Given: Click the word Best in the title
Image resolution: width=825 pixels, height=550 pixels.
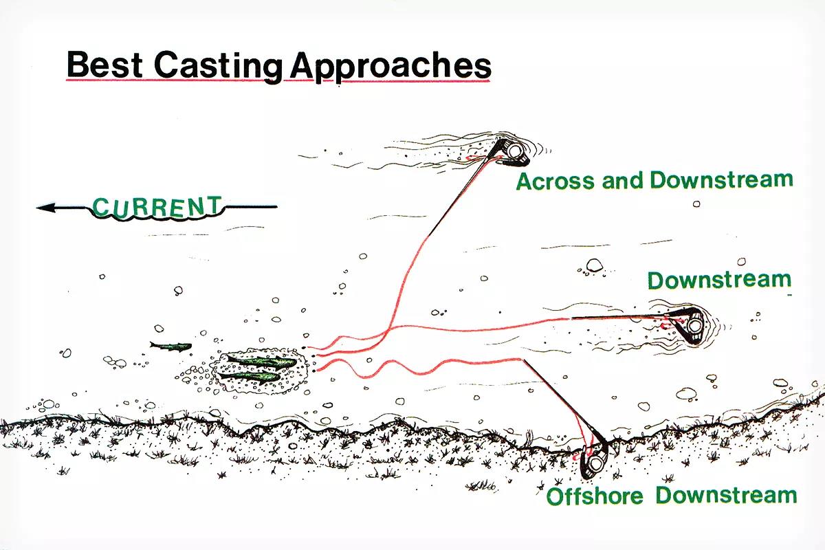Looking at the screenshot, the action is [104, 65].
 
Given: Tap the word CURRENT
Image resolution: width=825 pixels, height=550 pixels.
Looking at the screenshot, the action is [157, 207].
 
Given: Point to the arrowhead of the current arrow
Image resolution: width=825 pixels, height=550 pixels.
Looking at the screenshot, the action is [45, 208].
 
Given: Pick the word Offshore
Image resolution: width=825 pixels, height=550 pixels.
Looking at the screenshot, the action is [595, 496].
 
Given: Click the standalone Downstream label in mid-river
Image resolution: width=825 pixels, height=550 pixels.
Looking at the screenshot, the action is [719, 280].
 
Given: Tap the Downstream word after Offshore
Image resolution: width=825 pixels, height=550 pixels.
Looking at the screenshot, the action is [726, 495].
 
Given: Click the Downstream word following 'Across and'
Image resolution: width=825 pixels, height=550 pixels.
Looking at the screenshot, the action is [721, 179].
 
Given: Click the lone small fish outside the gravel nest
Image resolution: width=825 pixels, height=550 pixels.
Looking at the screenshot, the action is [171, 346].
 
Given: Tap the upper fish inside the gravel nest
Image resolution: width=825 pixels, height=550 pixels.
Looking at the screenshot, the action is [261, 362].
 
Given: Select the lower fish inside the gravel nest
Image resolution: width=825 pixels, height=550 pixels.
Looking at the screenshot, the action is [250, 377].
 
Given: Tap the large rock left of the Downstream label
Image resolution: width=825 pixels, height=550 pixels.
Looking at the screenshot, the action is [594, 265].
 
